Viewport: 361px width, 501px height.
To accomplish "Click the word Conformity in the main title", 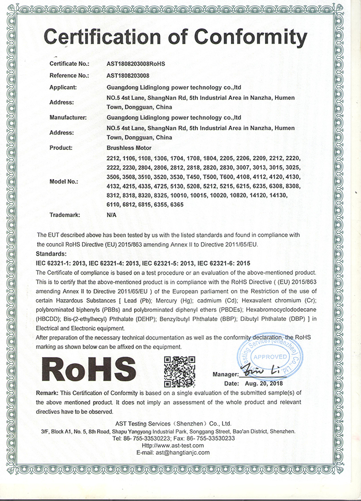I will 251,37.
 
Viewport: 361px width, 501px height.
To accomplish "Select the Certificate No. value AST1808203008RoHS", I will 136,64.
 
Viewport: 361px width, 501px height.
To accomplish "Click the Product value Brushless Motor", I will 129,147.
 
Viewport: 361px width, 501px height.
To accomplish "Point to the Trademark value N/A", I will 111,215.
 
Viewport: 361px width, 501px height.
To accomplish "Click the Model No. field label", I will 64,181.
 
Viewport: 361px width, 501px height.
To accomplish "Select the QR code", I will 179,370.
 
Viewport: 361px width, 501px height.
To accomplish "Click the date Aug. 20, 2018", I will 265,383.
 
